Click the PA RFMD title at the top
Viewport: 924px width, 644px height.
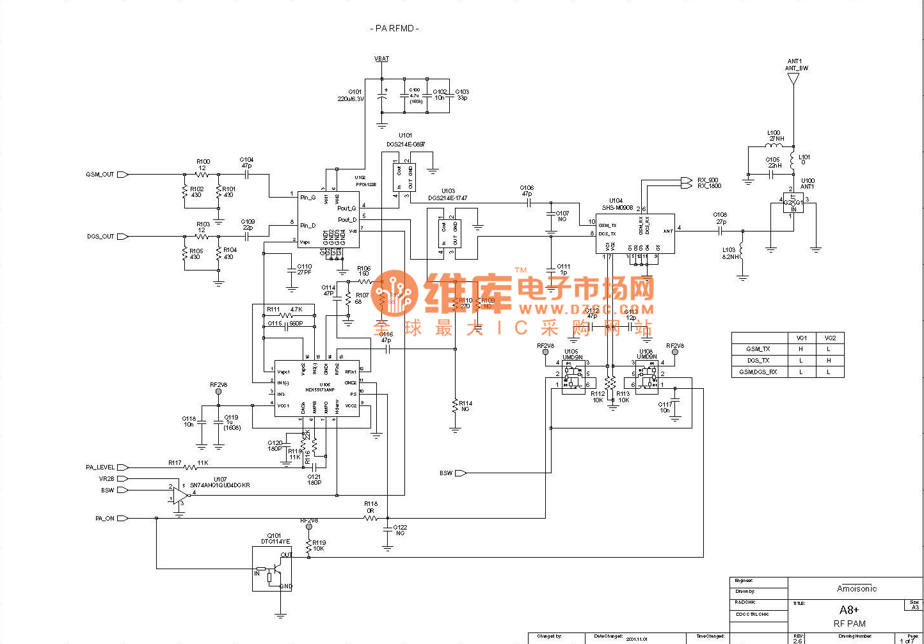coord(394,28)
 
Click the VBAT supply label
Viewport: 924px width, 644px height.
coord(381,59)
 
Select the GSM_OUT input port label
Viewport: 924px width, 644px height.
coord(100,175)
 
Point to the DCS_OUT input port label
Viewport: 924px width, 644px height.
coord(100,237)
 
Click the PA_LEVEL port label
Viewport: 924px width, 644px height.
coord(100,467)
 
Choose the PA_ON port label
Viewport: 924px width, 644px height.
coord(105,519)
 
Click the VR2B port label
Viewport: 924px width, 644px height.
coord(106,479)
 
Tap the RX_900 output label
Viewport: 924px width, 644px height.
coord(708,180)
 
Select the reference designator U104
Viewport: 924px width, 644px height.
coord(616,201)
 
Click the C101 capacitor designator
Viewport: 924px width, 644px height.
coord(354,92)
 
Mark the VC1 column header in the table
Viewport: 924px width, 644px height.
coord(801,338)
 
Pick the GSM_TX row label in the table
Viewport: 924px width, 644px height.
coord(758,349)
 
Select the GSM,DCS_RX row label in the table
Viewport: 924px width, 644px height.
coord(758,372)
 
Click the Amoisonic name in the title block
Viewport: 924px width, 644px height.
coord(857,588)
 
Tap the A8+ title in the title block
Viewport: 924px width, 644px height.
coord(849,610)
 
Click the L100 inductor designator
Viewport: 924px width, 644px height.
coord(774,133)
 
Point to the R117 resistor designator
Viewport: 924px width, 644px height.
coord(175,462)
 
